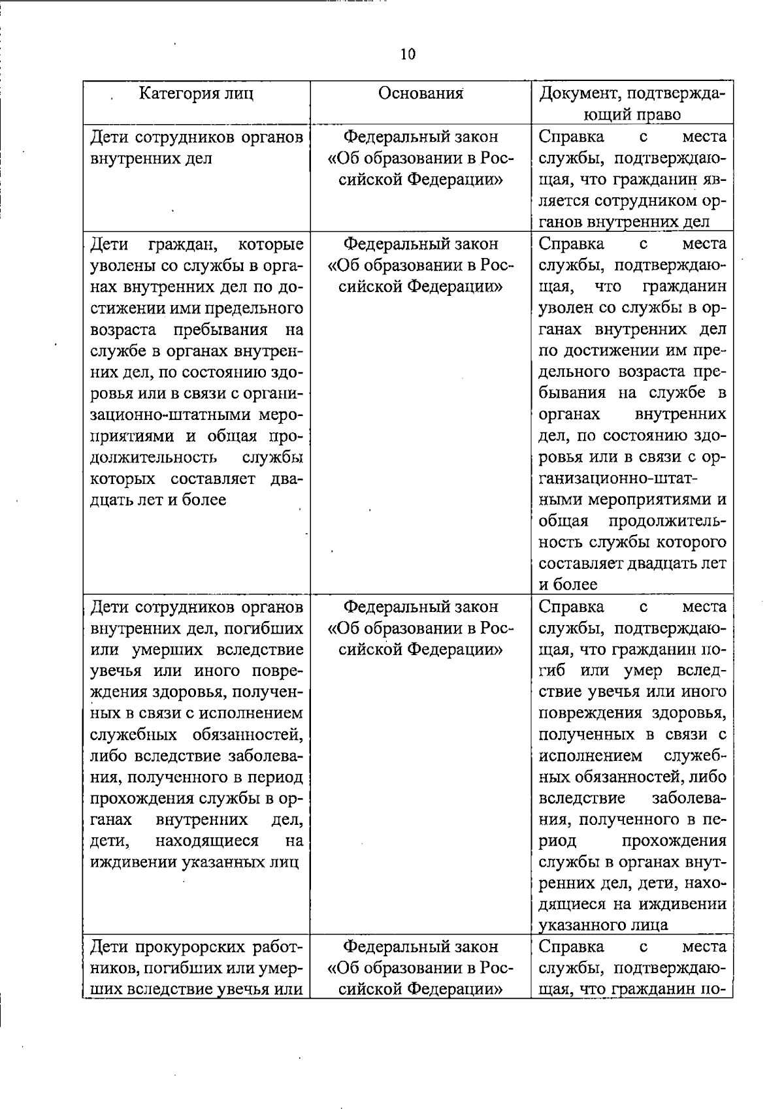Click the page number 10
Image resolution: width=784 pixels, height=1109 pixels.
coord(408,54)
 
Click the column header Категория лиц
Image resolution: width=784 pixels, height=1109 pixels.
coord(197,93)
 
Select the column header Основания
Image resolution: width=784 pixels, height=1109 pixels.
coord(421,93)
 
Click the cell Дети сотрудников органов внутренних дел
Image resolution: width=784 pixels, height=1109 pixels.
coord(197,148)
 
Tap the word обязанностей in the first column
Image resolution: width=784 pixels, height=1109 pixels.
coord(248,734)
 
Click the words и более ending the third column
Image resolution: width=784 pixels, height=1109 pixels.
coord(568,585)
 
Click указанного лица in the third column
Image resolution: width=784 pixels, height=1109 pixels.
coord(603,925)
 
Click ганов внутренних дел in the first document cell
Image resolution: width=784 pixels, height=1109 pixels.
coord(624,221)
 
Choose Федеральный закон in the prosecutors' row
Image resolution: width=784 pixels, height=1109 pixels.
coord(421,946)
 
